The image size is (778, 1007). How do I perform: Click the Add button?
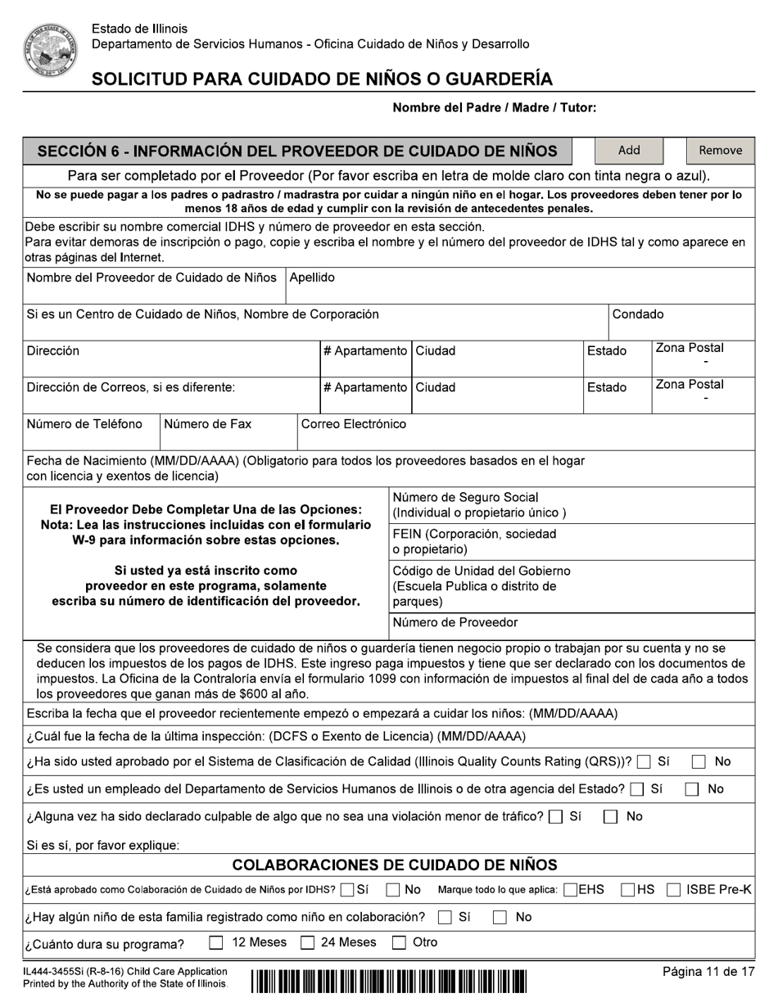tap(628, 151)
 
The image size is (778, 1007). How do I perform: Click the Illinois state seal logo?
tap(50, 50)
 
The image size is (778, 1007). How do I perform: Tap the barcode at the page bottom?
tap(389, 981)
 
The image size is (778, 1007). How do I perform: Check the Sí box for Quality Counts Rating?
tap(644, 762)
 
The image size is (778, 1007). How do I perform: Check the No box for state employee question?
tap(692, 790)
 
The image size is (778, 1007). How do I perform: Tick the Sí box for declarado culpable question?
tap(556, 817)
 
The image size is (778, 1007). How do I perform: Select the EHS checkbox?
tap(571, 890)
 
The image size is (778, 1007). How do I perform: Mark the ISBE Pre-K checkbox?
tap(673, 890)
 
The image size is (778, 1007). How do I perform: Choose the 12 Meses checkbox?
tap(216, 943)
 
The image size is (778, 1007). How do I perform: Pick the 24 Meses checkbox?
tap(307, 943)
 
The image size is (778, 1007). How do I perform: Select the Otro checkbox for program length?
tap(399, 943)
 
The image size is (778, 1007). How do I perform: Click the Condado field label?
tap(638, 314)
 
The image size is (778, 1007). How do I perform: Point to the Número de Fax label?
tap(208, 424)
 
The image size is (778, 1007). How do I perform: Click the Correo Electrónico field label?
tap(354, 424)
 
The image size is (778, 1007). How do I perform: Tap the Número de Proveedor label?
tap(455, 623)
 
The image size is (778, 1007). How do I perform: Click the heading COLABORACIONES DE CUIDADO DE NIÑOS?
tap(395, 865)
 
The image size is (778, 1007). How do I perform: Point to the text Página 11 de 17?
tap(708, 972)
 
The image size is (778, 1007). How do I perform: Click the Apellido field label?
tap(312, 278)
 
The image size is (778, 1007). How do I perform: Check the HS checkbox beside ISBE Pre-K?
tap(628, 890)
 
